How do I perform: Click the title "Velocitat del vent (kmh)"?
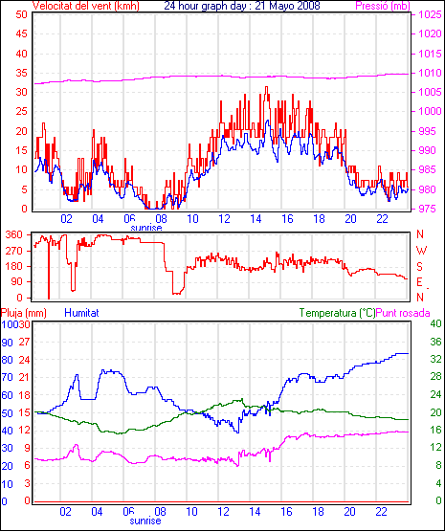click(86, 6)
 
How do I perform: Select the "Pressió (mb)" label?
click(383, 6)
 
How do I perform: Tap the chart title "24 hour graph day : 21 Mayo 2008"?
click(242, 6)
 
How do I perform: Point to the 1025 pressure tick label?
click(430, 14)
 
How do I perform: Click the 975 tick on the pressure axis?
click(428, 209)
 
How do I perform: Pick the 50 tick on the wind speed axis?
click(21, 14)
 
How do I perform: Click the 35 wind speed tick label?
click(21, 73)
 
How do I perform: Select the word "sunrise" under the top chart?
click(146, 228)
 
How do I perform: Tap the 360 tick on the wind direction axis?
click(14, 234)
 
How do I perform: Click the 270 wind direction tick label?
click(14, 251)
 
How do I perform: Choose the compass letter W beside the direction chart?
click(421, 251)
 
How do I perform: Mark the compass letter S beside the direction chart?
click(419, 267)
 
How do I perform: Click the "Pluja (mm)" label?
click(23, 313)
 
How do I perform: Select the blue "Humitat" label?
click(81, 313)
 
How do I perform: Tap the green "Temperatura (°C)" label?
click(338, 313)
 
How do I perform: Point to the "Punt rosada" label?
click(403, 313)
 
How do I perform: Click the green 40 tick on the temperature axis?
click(435, 323)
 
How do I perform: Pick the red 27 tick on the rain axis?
click(24, 342)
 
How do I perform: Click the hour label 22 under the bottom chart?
click(381, 511)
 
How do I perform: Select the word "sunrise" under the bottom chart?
click(145, 521)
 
